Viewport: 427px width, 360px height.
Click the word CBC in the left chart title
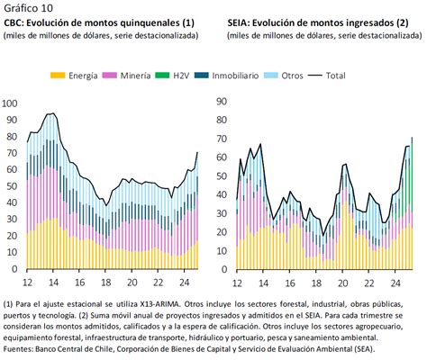15,22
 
